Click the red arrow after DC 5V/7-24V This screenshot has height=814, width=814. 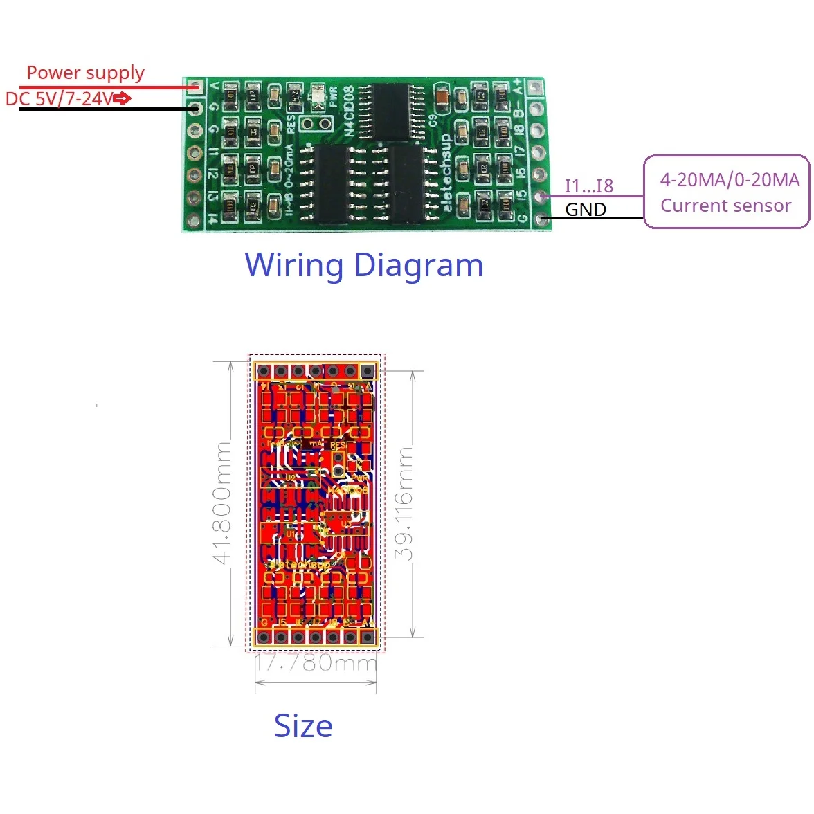point(122,99)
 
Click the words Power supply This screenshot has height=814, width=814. point(85,73)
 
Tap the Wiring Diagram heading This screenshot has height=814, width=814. point(364,265)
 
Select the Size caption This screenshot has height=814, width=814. point(303,726)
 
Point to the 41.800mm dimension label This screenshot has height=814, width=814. point(222,503)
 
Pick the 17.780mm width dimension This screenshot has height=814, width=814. point(316,663)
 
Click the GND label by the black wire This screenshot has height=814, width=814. point(586,209)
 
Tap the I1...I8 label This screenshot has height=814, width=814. point(588,186)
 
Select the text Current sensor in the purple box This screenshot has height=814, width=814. point(725,206)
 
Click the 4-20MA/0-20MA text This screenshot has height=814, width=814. point(730,180)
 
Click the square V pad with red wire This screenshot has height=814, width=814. point(196,87)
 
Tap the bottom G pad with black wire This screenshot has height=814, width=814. point(543,219)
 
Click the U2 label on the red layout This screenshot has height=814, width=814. point(291,478)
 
